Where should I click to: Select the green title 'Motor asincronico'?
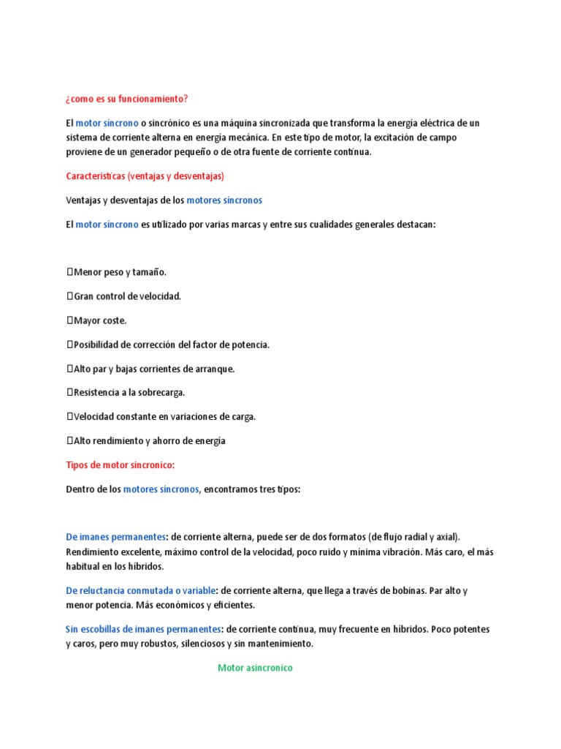pyautogui.click(x=255, y=668)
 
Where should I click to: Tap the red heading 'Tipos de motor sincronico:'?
pyautogui.click(x=121, y=465)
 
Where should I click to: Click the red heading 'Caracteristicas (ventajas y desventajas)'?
pyautogui.click(x=145, y=176)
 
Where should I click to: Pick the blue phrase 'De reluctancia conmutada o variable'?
pyautogui.click(x=141, y=590)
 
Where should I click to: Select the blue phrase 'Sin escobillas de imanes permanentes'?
pyautogui.click(x=143, y=629)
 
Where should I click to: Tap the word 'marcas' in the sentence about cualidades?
pyautogui.click(x=243, y=225)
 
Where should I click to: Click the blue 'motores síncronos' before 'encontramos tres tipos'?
pyautogui.click(x=161, y=489)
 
